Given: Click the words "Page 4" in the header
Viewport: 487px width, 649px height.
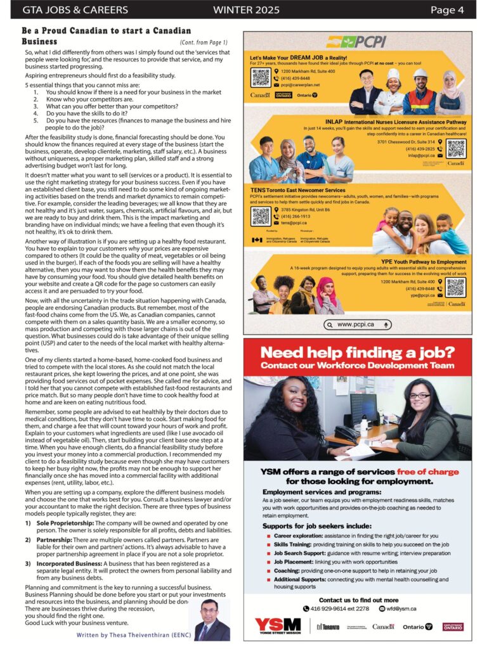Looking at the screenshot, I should click(x=447, y=10).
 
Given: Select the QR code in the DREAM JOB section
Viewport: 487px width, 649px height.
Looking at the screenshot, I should click(x=261, y=77).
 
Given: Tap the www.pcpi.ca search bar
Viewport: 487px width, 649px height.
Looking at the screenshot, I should click(x=358, y=324).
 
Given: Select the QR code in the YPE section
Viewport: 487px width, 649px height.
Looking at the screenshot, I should click(x=455, y=287).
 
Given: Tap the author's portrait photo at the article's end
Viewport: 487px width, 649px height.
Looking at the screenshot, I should click(x=212, y=619).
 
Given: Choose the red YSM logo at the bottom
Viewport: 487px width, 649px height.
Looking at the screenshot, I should click(x=278, y=626).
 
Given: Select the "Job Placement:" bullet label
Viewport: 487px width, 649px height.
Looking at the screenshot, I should click(x=294, y=562).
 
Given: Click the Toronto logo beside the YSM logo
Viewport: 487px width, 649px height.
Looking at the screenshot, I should click(x=327, y=626).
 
